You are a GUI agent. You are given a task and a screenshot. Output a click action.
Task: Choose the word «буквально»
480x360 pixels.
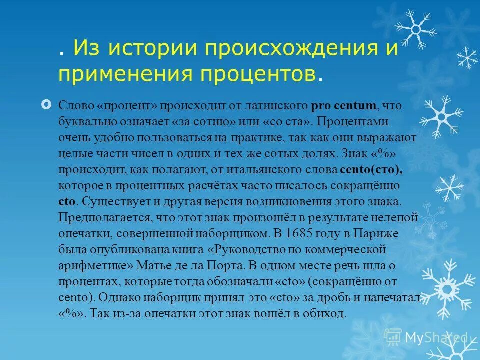point(88,122)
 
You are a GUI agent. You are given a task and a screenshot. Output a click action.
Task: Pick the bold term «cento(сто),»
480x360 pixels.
point(371,170)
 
